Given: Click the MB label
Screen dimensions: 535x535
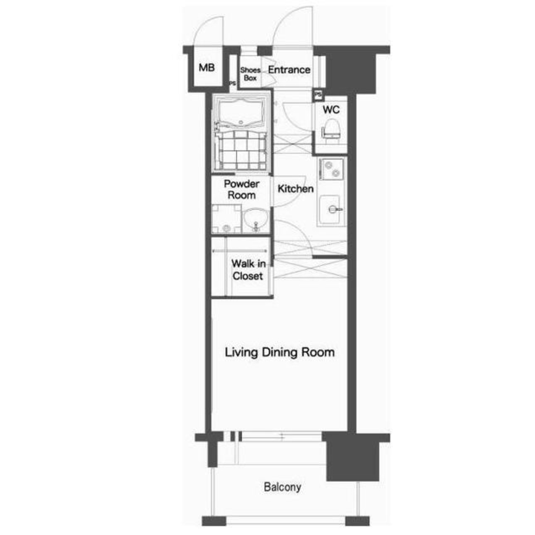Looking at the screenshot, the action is (x=207, y=67).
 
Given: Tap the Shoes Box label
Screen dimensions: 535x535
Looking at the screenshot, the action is (x=250, y=74).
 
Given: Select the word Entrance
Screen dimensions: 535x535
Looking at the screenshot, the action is (x=289, y=70).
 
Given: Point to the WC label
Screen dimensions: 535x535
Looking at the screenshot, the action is (x=331, y=110).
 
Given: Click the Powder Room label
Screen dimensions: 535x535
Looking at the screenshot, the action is (x=242, y=189).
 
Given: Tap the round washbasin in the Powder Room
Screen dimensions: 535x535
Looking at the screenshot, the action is (x=256, y=219).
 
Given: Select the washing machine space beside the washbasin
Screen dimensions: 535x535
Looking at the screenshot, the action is (x=226, y=219).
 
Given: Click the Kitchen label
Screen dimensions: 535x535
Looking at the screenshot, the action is (x=295, y=188).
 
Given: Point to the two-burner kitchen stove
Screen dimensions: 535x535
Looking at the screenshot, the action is (x=331, y=169).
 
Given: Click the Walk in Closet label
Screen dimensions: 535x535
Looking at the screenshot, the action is (x=248, y=270).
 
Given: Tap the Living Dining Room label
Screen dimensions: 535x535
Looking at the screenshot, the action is (x=279, y=352).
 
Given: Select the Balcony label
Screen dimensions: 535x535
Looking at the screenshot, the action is (x=282, y=486).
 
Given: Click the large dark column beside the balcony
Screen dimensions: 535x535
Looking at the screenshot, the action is (x=353, y=457).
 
